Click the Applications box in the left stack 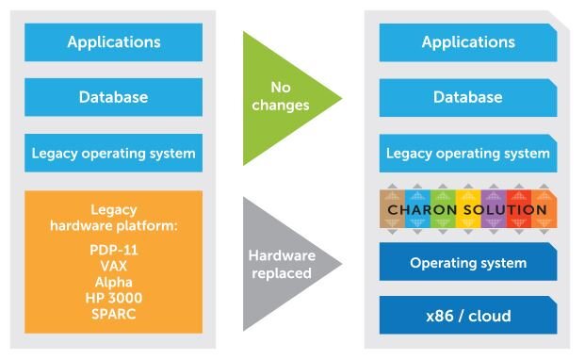pos(113,42)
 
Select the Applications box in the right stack pos(468,42)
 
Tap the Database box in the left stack pos(113,97)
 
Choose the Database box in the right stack pos(468,97)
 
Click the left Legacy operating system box pos(113,153)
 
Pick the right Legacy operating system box pos(468,153)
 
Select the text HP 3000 pos(113,298)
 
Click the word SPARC pos(113,313)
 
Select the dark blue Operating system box pos(468,262)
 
